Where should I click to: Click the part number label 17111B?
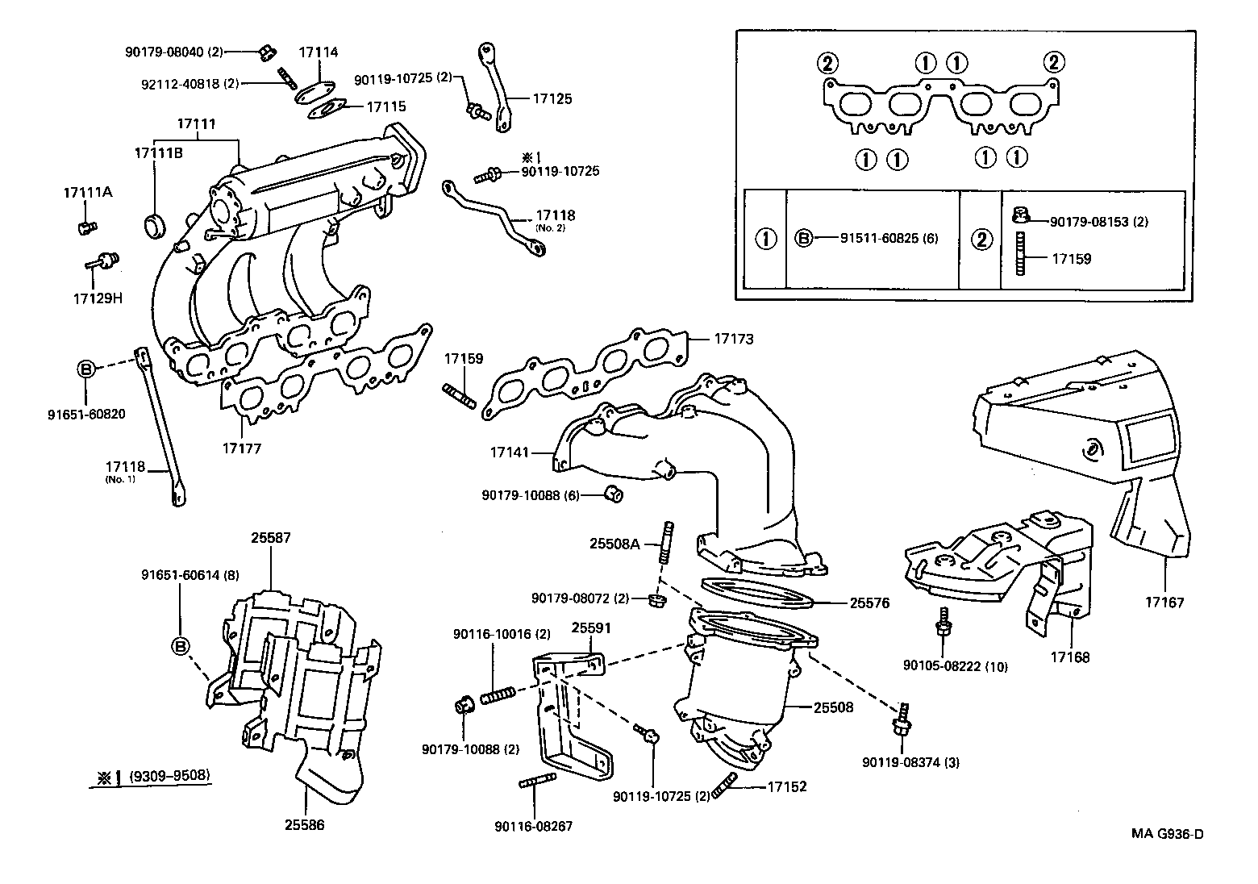157,152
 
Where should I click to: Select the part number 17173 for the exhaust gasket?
733,339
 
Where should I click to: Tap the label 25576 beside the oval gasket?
869,603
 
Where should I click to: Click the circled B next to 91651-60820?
86,369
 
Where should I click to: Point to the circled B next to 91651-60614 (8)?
181,645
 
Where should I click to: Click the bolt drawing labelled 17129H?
102,261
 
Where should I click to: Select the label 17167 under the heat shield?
1164,603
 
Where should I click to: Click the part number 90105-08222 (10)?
943,666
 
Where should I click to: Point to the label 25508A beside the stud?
614,544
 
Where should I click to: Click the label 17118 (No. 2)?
556,216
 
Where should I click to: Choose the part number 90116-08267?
534,827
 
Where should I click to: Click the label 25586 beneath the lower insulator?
304,825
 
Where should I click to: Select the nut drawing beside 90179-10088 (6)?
613,493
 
